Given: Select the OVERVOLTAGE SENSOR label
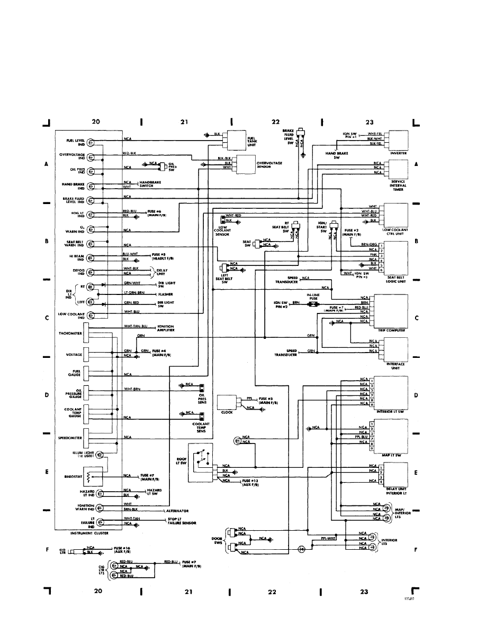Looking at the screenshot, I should click(268, 164).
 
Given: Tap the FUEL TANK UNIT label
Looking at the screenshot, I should click(251, 141).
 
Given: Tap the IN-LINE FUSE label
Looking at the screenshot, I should click(313, 298).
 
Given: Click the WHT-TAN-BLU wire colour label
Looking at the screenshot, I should click(138, 327).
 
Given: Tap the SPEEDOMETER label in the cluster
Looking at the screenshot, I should click(70, 438).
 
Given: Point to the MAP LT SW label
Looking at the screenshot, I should click(395, 454).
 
